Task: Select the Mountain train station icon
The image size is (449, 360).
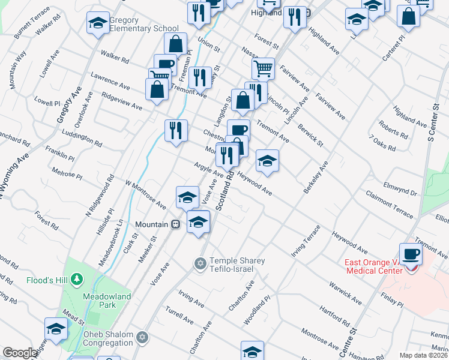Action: (176, 224)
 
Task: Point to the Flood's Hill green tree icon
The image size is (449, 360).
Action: (76, 280)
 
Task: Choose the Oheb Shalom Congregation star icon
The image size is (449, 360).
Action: (142, 337)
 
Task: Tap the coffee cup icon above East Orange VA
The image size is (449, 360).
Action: (411, 254)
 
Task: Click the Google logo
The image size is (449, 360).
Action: (20, 353)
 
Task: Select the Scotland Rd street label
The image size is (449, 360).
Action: (225, 191)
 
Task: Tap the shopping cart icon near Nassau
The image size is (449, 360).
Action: (263, 68)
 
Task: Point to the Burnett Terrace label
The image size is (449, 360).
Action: (33, 20)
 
